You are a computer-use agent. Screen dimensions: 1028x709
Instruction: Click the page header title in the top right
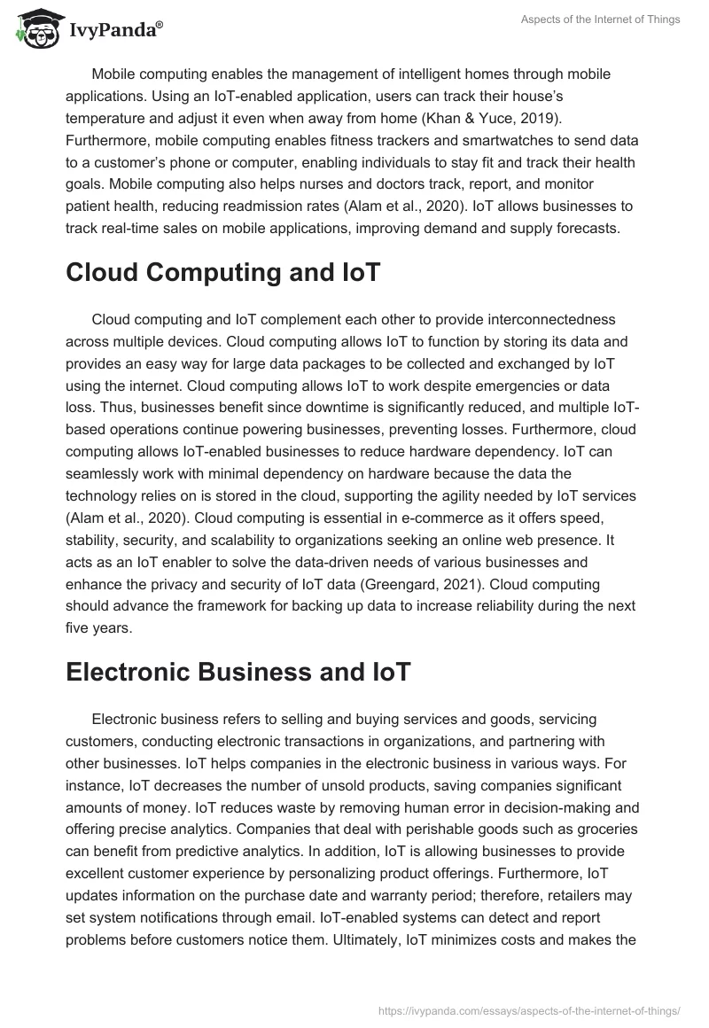click(x=600, y=19)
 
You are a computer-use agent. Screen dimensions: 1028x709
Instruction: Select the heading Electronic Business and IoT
click(x=238, y=672)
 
